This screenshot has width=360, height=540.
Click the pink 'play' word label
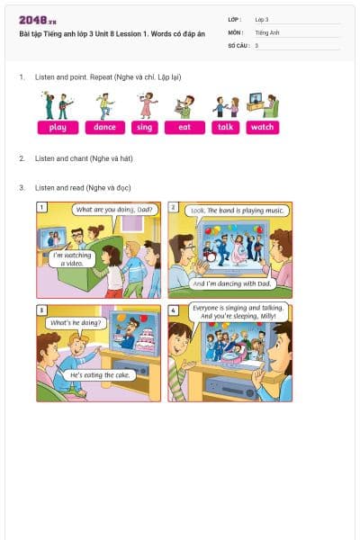pyautogui.click(x=58, y=128)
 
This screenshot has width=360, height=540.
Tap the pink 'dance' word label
pyautogui.click(x=105, y=128)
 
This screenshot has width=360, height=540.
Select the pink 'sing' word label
pyautogui.click(x=144, y=128)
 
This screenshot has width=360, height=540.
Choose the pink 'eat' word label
pyautogui.click(x=184, y=128)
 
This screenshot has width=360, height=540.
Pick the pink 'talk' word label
pyautogui.click(x=226, y=128)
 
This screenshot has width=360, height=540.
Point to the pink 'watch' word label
pyautogui.click(x=262, y=128)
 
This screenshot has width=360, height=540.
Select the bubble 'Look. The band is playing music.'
pyautogui.click(x=237, y=210)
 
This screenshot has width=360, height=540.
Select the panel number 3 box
pyautogui.click(x=41, y=310)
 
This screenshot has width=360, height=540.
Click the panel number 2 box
pyautogui.click(x=173, y=207)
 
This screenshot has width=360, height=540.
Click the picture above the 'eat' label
pyautogui.click(x=184, y=106)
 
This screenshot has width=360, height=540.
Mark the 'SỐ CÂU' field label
pyautogui.click(x=238, y=45)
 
